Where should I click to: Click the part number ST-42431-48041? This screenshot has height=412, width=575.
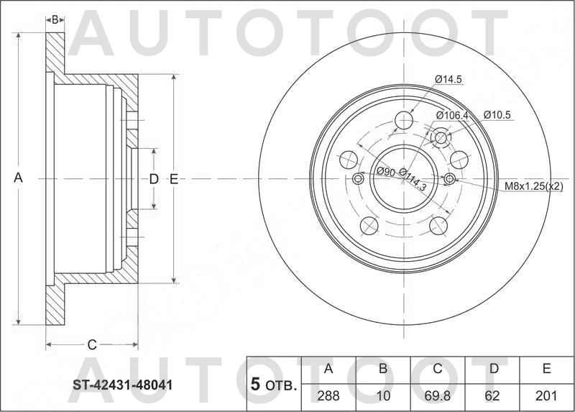122,385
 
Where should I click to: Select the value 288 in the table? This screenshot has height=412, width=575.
328,395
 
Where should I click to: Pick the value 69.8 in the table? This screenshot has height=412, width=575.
436,395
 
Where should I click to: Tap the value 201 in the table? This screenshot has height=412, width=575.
546,395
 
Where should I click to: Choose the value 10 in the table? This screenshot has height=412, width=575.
383,395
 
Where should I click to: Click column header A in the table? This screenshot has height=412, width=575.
328,370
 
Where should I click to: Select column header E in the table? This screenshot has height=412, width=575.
546,370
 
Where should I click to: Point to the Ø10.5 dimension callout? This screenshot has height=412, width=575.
497,114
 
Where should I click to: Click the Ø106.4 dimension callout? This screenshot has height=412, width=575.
452,115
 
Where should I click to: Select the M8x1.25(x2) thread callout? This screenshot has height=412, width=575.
533,186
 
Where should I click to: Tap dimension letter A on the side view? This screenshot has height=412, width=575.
19,178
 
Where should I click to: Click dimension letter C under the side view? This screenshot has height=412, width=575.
91,344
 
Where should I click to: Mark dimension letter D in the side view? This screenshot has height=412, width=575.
153,179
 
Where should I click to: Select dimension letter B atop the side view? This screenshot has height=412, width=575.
55,19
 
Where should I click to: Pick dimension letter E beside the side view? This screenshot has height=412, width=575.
173,179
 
